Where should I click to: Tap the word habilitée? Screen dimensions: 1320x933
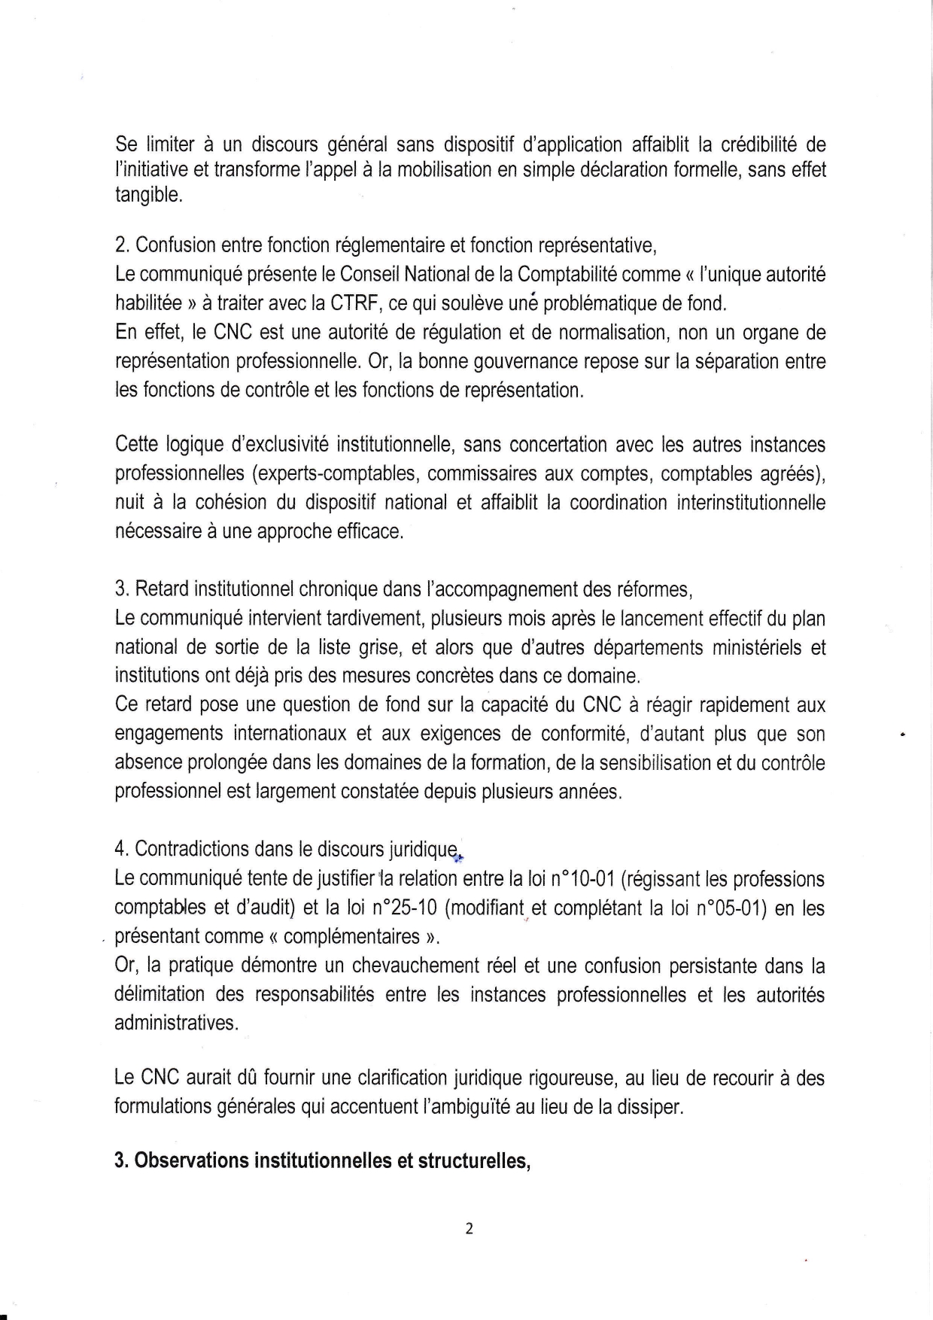coord(148,303)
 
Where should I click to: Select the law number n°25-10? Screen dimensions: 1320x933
coord(405,908)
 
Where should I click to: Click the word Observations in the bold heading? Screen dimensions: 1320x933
coord(191,1161)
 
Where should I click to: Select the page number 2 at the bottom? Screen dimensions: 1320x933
coord(469,1229)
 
